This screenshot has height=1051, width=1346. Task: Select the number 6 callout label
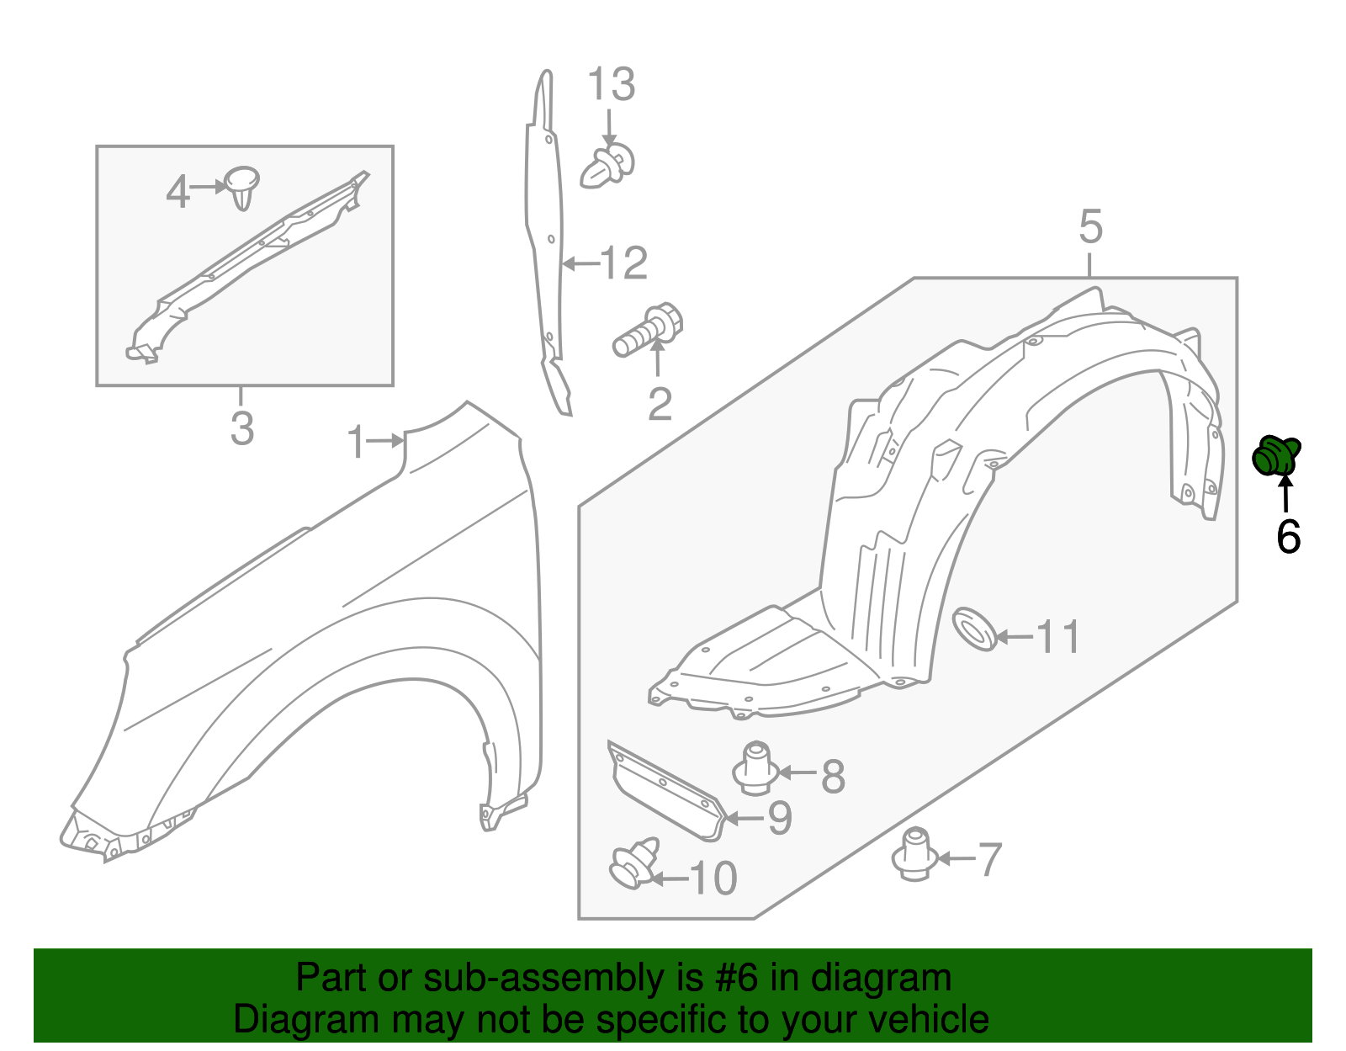pos(1288,537)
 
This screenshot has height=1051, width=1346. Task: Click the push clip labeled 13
pos(607,166)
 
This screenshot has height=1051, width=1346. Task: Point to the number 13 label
pos(611,85)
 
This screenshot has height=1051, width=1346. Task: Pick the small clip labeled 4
pos(241,187)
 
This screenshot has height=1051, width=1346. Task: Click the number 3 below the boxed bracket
pos(242,429)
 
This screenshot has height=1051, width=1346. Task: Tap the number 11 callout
pos(1058,637)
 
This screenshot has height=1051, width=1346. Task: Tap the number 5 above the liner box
pos(1090,228)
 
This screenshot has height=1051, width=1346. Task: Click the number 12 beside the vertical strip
pos(623,264)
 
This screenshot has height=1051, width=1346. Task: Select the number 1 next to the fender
pos(357,443)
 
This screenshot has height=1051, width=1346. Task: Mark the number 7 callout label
pos(989,860)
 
